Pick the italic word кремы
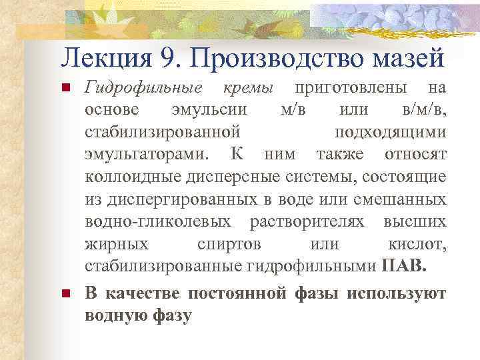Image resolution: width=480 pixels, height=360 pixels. point(248,89)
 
